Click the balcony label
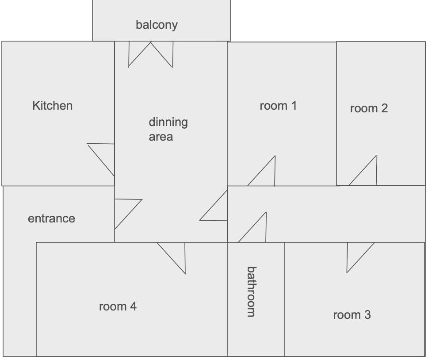coord(157,25)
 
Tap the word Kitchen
coord(52,106)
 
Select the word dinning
coord(168,123)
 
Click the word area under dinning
coord(160,137)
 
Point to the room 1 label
coord(278,106)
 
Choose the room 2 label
coord(369,108)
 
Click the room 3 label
coord(352,315)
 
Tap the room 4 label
coord(118,306)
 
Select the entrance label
coord(51,218)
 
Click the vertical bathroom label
coord(251,291)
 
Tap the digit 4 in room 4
coord(133,306)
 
